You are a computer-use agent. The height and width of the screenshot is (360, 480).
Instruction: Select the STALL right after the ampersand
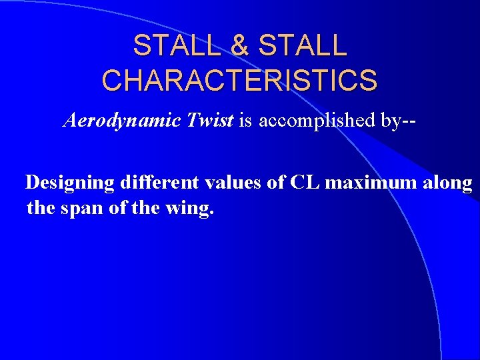point(302,45)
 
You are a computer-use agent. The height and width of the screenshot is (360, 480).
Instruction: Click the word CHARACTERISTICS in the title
point(239,80)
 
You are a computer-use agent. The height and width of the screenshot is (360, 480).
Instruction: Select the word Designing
point(69,183)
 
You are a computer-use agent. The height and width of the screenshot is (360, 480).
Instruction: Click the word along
point(449,183)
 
